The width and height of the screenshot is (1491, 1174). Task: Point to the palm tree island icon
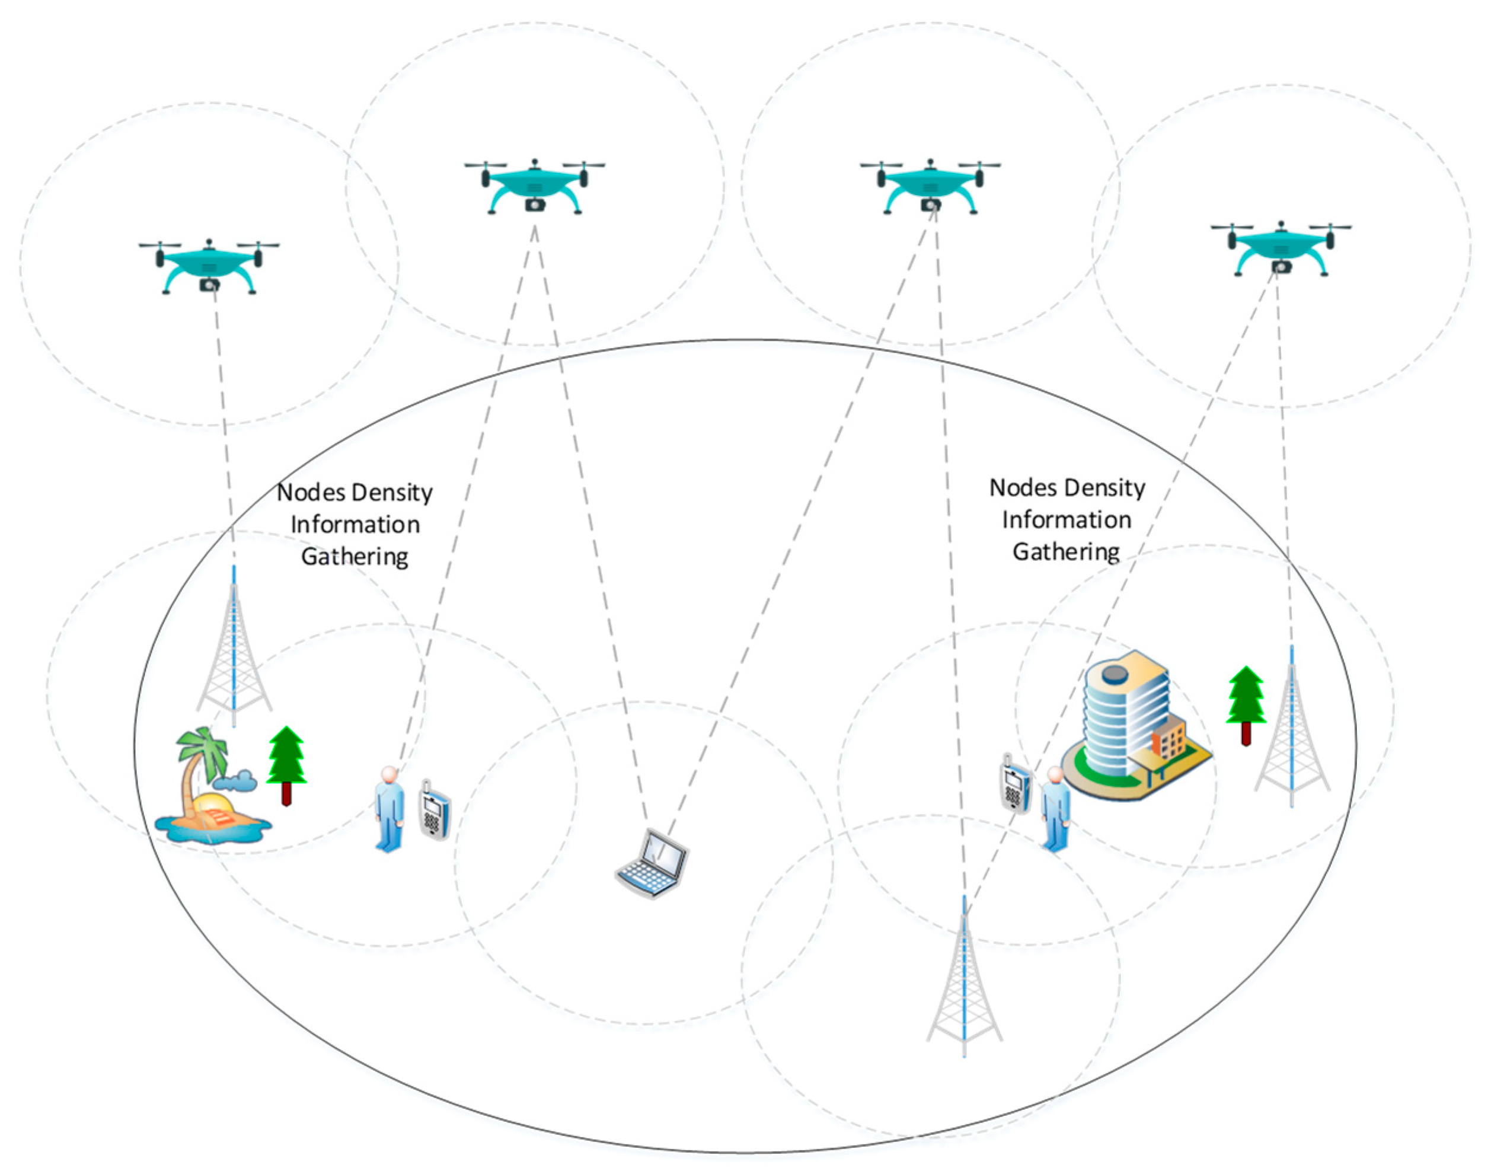point(209,787)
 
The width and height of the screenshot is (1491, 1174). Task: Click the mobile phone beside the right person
point(1015,784)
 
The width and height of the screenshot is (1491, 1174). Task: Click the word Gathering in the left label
point(355,556)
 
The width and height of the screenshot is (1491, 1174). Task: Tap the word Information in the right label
point(1067,519)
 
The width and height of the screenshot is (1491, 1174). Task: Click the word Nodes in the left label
point(311,492)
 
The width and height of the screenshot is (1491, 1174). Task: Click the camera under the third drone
point(930,205)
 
